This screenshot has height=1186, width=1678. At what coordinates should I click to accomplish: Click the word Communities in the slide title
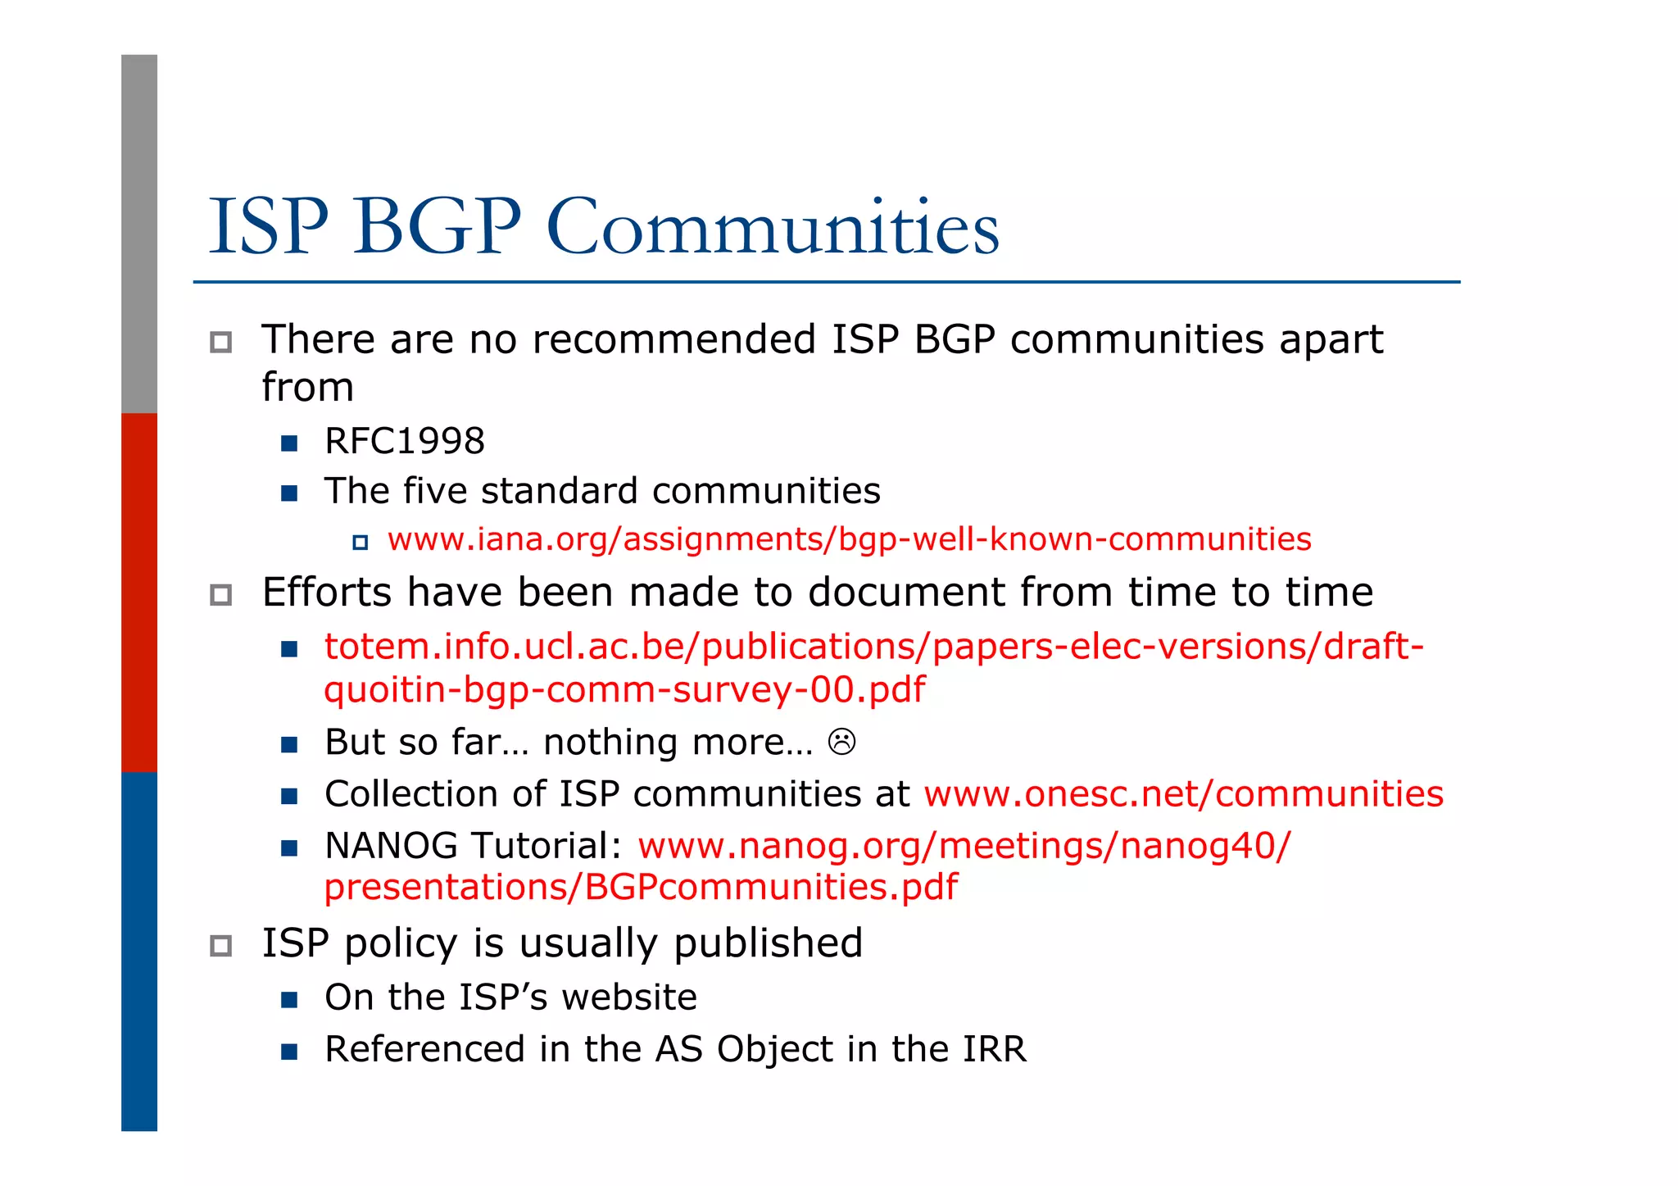click(x=772, y=227)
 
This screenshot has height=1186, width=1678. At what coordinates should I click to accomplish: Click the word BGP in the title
click(x=437, y=227)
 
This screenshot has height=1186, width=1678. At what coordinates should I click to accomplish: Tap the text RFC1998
click(x=404, y=441)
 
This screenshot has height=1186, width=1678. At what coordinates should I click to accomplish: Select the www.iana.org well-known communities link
click(x=849, y=539)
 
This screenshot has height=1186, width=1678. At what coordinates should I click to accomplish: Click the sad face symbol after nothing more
click(x=841, y=742)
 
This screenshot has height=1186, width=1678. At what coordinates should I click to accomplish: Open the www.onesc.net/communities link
click(x=1183, y=793)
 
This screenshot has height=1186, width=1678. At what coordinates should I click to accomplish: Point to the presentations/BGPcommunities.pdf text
click(x=641, y=887)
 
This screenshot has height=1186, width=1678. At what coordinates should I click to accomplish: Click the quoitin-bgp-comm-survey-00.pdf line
click(x=624, y=689)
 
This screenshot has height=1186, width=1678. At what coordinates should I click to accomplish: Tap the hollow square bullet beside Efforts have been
click(x=220, y=594)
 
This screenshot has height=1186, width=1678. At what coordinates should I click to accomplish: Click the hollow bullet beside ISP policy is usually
click(x=220, y=945)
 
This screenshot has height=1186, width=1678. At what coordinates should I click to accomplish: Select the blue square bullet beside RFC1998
click(x=288, y=443)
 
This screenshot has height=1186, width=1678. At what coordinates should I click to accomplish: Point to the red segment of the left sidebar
click(x=139, y=592)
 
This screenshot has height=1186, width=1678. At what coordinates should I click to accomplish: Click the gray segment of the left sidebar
click(x=139, y=234)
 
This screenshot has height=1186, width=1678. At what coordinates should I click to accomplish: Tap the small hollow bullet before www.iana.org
click(x=360, y=542)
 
